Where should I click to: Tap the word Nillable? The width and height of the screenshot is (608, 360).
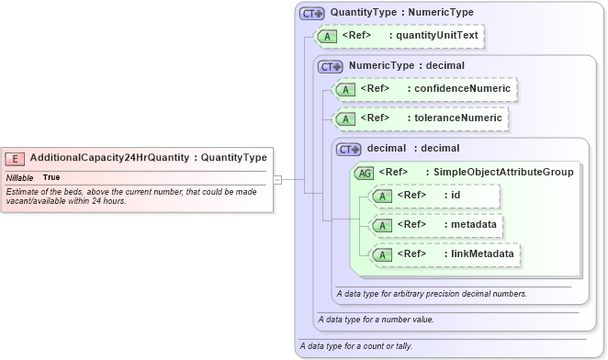click(19, 176)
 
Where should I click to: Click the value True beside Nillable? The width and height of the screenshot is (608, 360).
click(51, 176)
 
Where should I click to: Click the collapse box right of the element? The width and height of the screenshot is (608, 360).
click(278, 179)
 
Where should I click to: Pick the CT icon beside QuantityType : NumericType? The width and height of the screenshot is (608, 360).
click(312, 14)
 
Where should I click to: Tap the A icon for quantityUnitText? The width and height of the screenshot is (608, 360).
click(325, 36)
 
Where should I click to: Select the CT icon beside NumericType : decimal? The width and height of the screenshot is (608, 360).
click(330, 66)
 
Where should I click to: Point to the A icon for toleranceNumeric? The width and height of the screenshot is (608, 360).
click(345, 118)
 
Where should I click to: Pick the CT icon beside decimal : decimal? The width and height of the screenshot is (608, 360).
click(349, 149)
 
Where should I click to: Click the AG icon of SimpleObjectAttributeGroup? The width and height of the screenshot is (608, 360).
click(365, 172)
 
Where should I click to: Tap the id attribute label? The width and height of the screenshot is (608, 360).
click(456, 195)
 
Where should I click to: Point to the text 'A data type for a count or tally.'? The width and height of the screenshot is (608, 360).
click(355, 346)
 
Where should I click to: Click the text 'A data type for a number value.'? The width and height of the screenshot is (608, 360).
click(374, 320)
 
